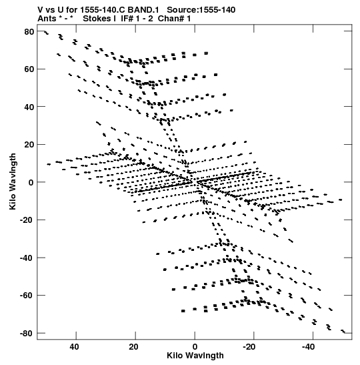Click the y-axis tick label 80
click(x=29, y=31)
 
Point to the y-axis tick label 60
click(x=29, y=69)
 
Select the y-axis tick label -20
click(x=27, y=220)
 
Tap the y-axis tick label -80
click(x=27, y=334)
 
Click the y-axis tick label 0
click(x=31, y=183)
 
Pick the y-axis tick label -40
click(x=27, y=258)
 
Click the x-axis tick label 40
click(x=75, y=347)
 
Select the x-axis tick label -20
click(x=250, y=347)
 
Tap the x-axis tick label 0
click(x=195, y=347)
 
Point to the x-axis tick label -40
click(x=309, y=347)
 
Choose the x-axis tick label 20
click(x=134, y=347)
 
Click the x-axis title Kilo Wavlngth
click(x=195, y=356)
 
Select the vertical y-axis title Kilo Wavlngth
click(x=13, y=181)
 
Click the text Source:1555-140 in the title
click(x=201, y=10)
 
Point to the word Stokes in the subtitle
click(x=97, y=19)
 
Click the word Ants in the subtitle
click(x=47, y=19)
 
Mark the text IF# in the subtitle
click(x=127, y=19)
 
